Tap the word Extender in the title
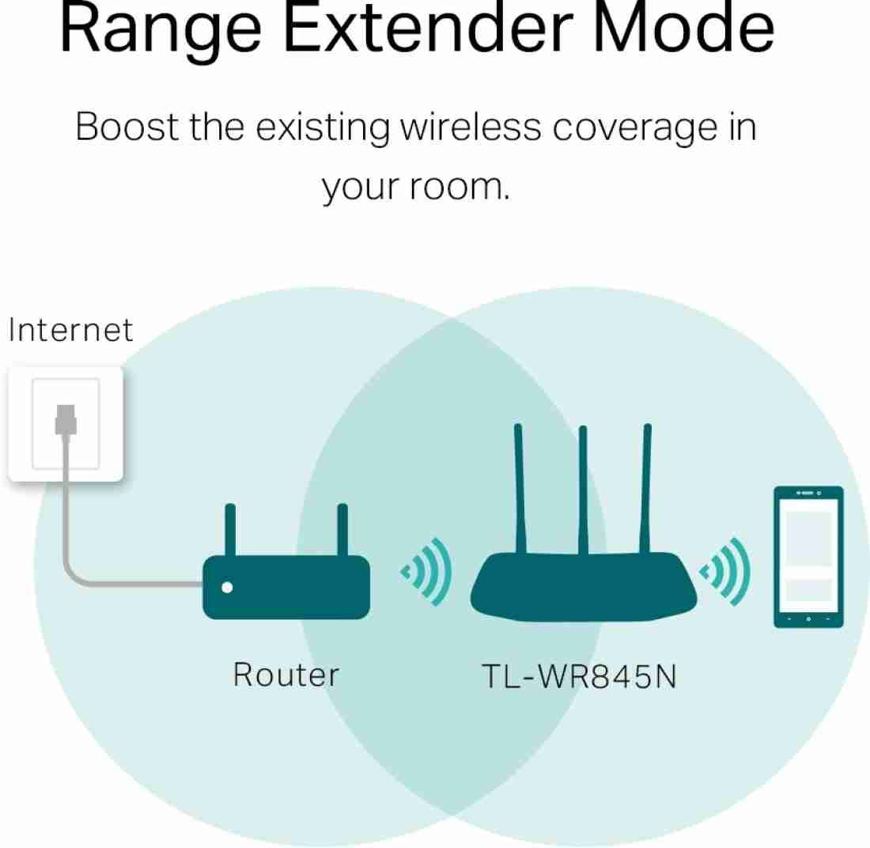428,28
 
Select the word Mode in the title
684,28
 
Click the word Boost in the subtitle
127,127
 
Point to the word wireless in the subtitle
471,127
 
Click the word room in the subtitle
458,187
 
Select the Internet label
70,330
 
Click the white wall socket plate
66,424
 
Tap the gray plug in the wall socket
66,419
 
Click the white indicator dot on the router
227,587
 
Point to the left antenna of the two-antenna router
230,530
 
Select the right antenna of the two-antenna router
342,530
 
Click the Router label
286,675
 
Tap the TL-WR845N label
579,676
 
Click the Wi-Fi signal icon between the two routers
426,572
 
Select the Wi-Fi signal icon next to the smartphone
724,572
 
